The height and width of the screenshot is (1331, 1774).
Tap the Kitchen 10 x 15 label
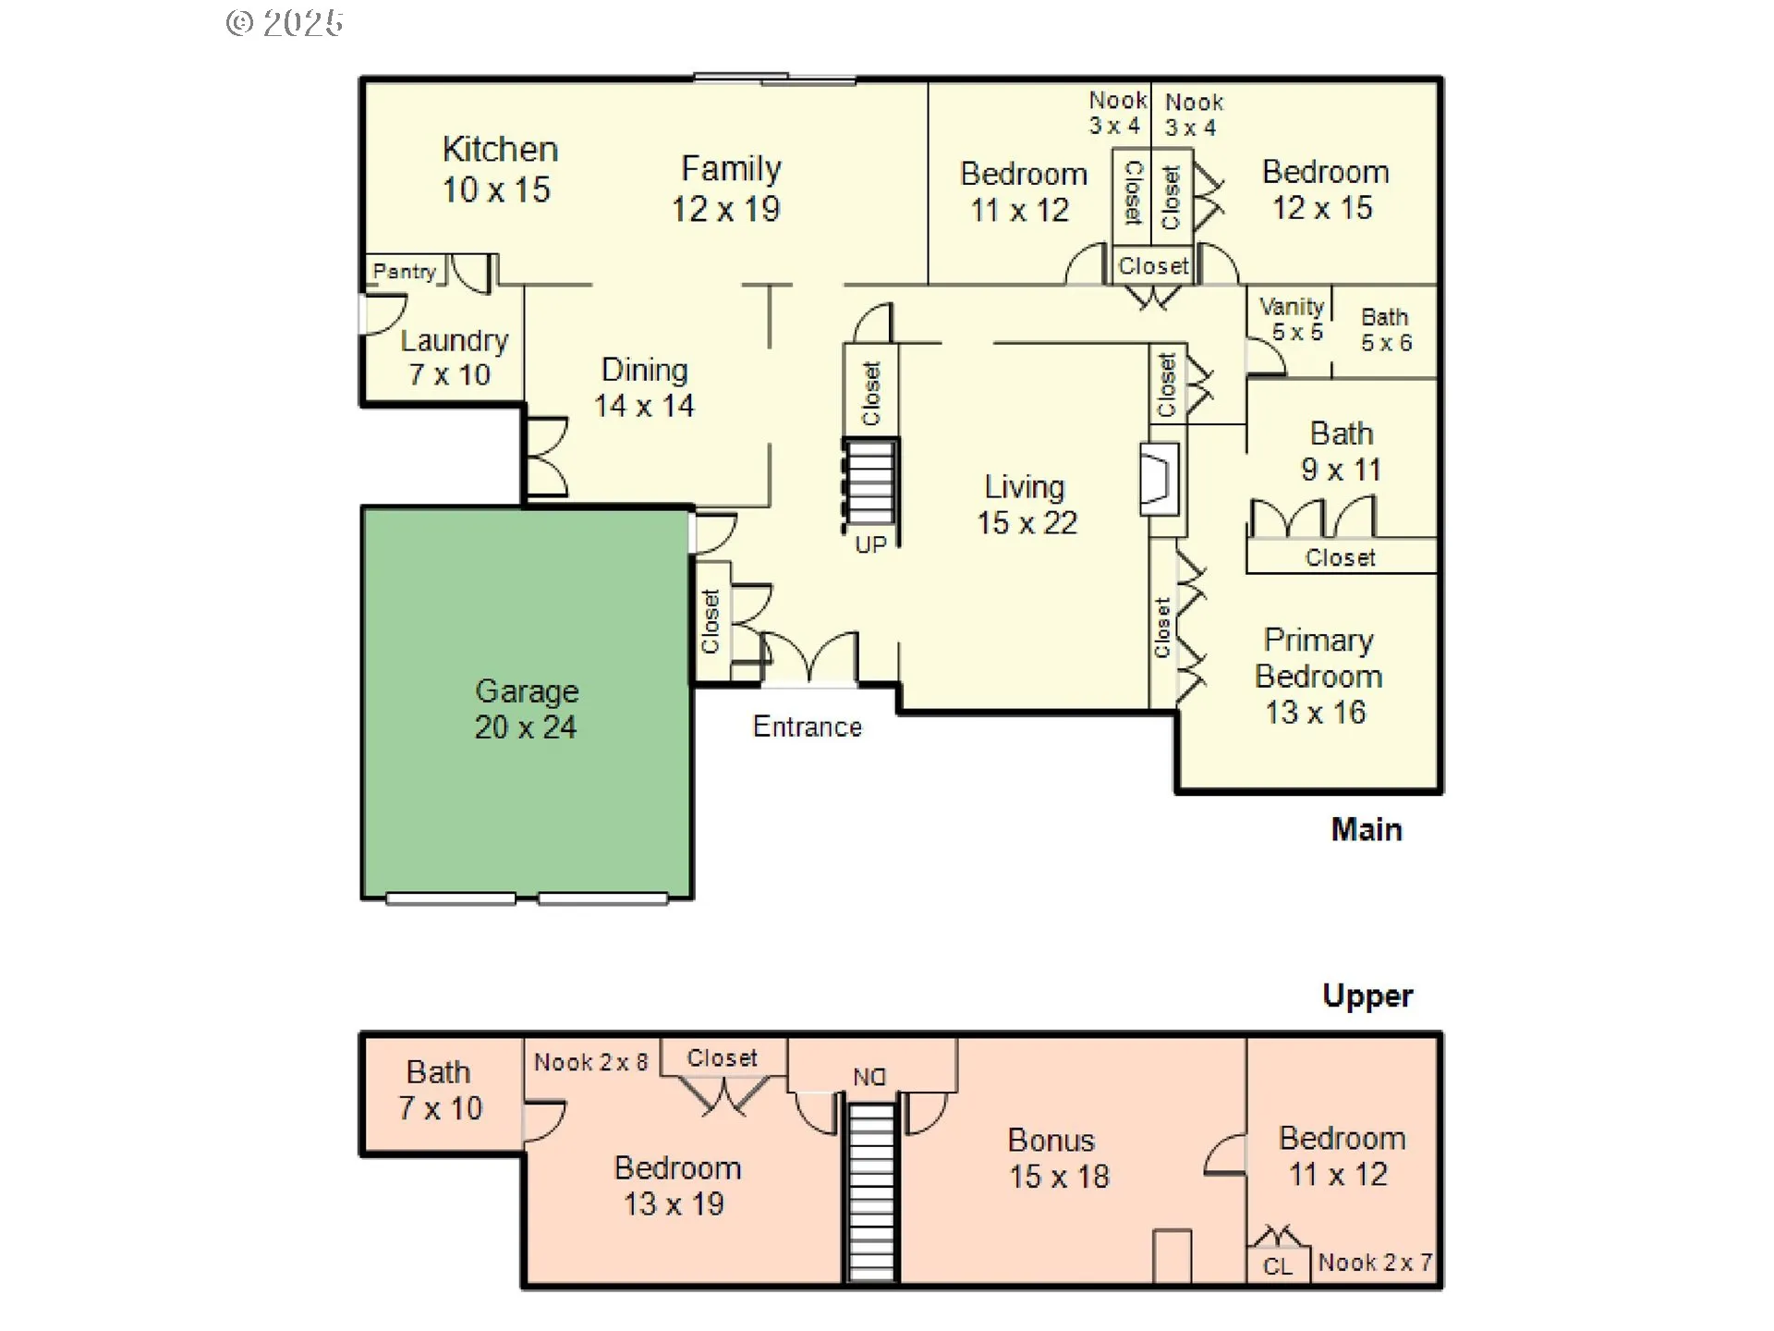(x=499, y=169)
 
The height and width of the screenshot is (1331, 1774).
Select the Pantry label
(x=404, y=272)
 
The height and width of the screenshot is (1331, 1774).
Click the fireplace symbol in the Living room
(x=1160, y=479)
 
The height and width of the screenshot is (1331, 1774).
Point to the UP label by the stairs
(x=870, y=544)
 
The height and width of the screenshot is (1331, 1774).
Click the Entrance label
(x=807, y=727)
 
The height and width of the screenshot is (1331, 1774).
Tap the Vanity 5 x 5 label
(x=1293, y=319)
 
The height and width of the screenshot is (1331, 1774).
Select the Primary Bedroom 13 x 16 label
(x=1318, y=676)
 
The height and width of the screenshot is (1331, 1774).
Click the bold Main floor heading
(x=1366, y=829)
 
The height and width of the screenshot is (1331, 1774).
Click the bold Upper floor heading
(x=1367, y=995)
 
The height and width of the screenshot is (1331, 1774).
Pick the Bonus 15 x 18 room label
(x=1057, y=1158)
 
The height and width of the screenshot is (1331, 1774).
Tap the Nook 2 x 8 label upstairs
(x=590, y=1062)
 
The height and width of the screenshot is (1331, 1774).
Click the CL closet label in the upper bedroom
(x=1278, y=1266)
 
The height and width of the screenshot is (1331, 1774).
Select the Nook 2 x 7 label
(x=1375, y=1263)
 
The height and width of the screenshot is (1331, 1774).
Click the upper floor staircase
(x=871, y=1192)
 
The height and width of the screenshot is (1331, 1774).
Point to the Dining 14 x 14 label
(x=644, y=387)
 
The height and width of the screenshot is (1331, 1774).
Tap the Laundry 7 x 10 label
(x=452, y=357)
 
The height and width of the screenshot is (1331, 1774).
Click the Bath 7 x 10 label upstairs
(x=440, y=1090)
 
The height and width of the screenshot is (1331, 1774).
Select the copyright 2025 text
(x=285, y=23)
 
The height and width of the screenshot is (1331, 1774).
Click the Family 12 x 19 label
(x=728, y=189)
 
